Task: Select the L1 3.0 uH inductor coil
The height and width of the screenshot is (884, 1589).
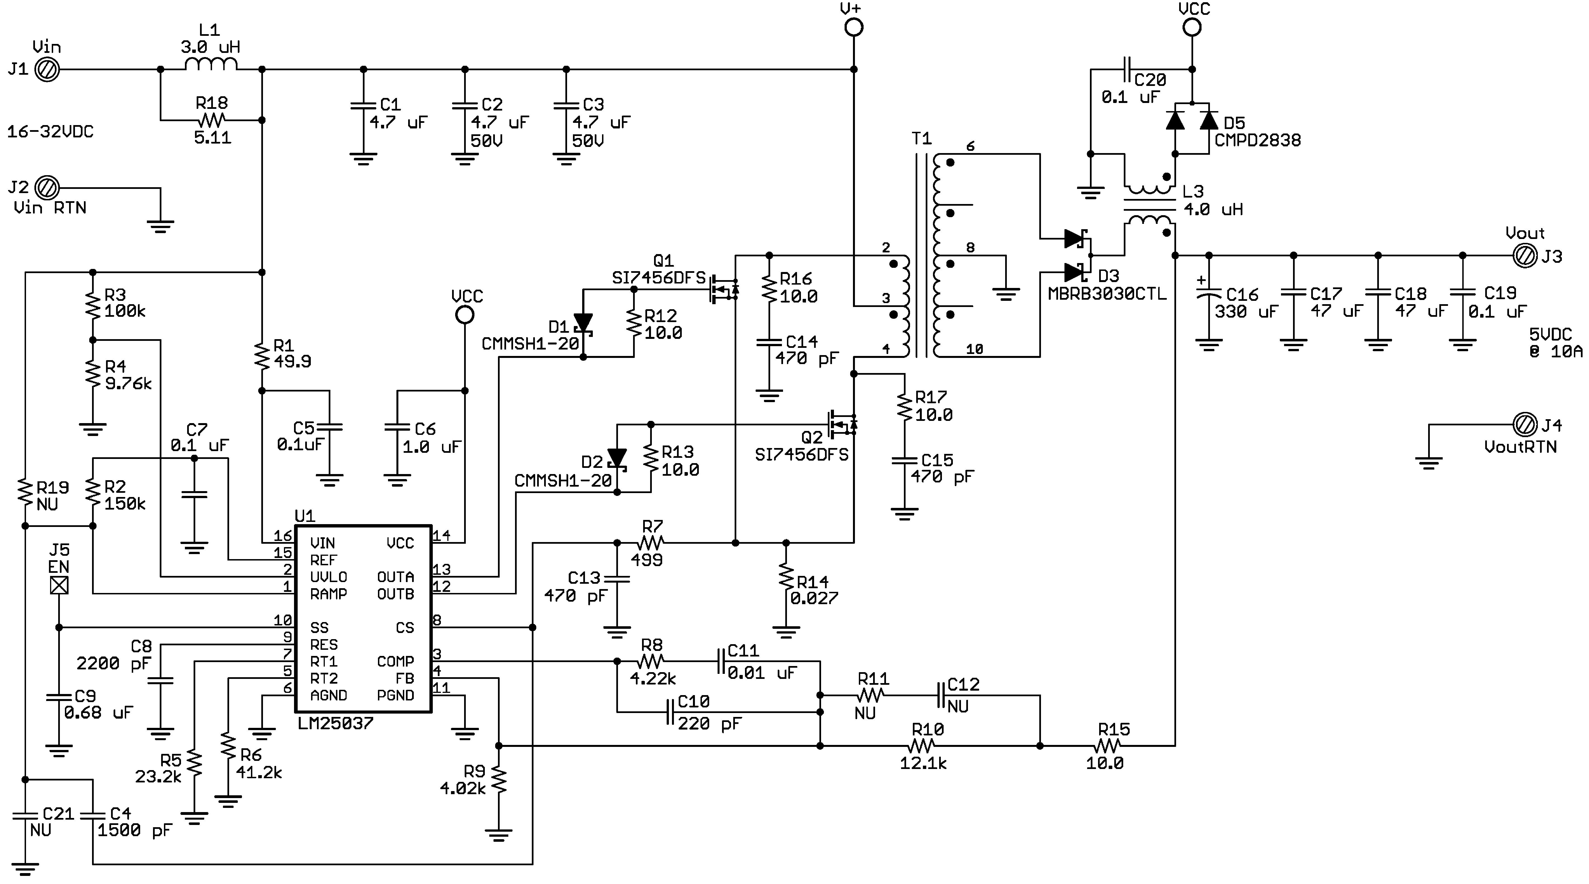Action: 211,64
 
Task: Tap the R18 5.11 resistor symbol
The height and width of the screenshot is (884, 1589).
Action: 211,120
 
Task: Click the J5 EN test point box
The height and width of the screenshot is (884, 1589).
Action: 59,585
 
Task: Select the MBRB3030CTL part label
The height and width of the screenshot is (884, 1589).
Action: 1107,294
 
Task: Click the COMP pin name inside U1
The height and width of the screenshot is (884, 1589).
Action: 395,661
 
